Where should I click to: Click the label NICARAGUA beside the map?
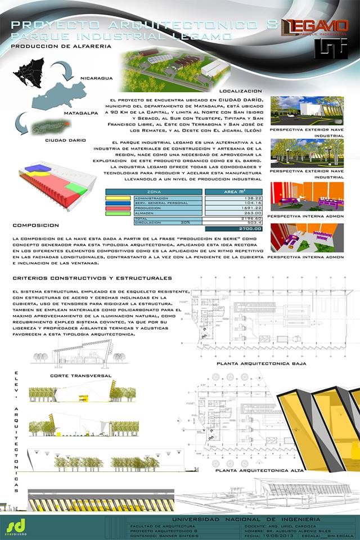point(97,78)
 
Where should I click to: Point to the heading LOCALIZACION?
point(240,91)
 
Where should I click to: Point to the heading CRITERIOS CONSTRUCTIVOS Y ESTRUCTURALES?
point(92,278)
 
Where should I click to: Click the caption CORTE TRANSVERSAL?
point(81,375)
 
